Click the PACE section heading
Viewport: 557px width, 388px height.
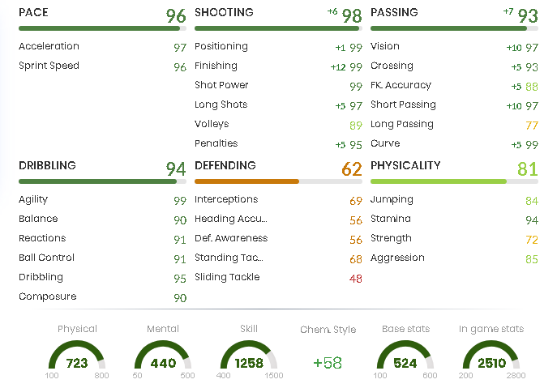(33, 13)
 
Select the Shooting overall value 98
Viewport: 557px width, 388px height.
(352, 15)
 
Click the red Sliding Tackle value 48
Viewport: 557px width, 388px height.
(356, 278)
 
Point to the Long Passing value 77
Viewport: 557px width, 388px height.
(532, 125)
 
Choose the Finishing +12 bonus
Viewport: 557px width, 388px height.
(338, 66)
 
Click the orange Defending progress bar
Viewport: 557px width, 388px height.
(246, 181)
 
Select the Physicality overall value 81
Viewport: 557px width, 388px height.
(528, 168)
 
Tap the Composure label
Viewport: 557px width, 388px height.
(47, 297)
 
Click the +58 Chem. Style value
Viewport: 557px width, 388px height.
(328, 363)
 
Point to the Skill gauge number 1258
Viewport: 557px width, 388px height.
(249, 363)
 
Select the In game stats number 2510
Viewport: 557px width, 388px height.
(491, 363)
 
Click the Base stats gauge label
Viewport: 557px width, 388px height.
(405, 329)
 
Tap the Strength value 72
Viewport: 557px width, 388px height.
(532, 239)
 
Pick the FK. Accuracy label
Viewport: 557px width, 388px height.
(401, 86)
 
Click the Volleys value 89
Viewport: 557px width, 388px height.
(356, 125)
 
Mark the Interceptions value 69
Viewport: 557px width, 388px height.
(356, 200)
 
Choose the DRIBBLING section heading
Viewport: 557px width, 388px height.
(47, 165)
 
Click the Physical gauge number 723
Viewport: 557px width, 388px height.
(77, 363)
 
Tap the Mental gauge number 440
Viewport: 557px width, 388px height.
(163, 363)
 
